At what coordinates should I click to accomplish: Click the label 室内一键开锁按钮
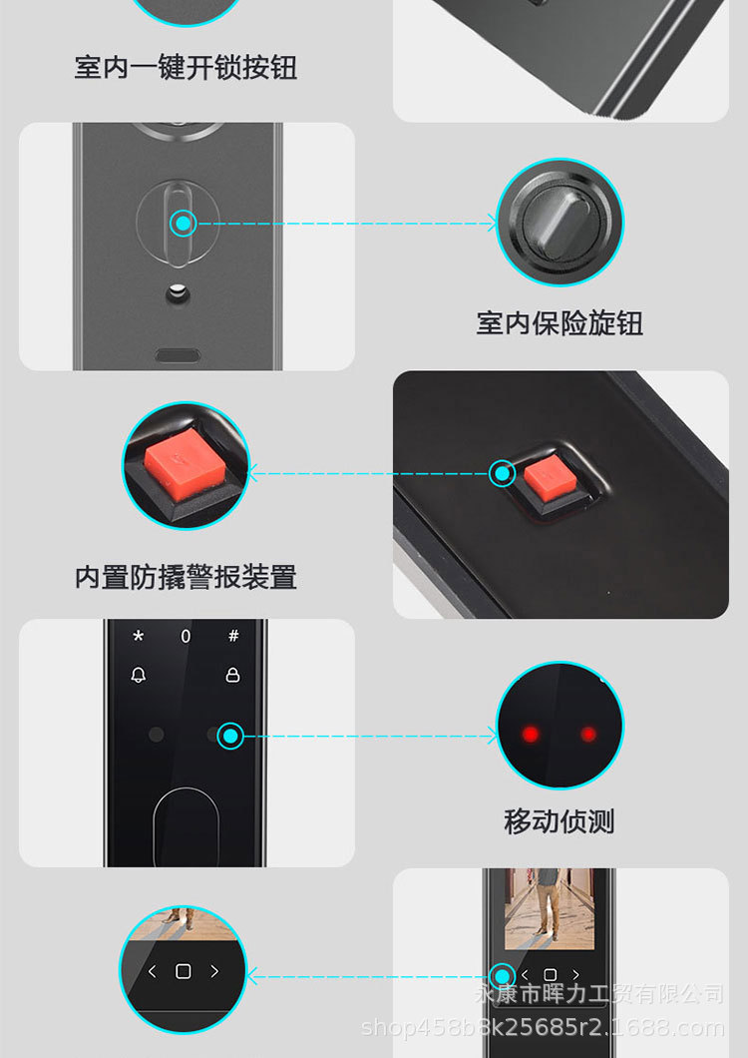pyautogui.click(x=186, y=68)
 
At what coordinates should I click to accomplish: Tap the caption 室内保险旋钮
pyautogui.click(x=560, y=323)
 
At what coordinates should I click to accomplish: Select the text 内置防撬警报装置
pyautogui.click(x=186, y=577)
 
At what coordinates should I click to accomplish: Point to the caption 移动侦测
pyautogui.click(x=560, y=822)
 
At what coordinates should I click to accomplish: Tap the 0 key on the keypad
pyautogui.click(x=186, y=636)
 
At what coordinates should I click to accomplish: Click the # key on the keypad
pyautogui.click(x=233, y=636)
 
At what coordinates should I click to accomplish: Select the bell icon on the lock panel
pyautogui.click(x=139, y=676)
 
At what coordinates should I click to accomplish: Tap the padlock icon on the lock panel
pyautogui.click(x=233, y=676)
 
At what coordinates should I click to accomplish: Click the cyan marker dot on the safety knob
pyautogui.click(x=183, y=223)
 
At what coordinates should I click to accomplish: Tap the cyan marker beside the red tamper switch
pyautogui.click(x=503, y=473)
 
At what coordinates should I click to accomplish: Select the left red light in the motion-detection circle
pyautogui.click(x=531, y=735)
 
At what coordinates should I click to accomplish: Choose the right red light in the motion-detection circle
pyautogui.click(x=588, y=735)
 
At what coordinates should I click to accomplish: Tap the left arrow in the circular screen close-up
pyautogui.click(x=153, y=971)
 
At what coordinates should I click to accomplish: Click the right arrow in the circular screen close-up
pyautogui.click(x=214, y=971)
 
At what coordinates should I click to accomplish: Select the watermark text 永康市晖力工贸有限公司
pyautogui.click(x=598, y=994)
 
